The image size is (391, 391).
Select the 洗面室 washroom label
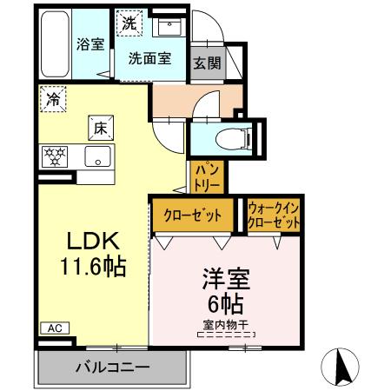(x=149, y=59)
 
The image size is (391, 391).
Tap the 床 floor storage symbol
(x=101, y=128)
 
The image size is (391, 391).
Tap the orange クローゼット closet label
(x=192, y=215)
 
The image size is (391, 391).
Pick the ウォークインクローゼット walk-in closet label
(x=274, y=215)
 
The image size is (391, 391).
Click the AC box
(x=54, y=328)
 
